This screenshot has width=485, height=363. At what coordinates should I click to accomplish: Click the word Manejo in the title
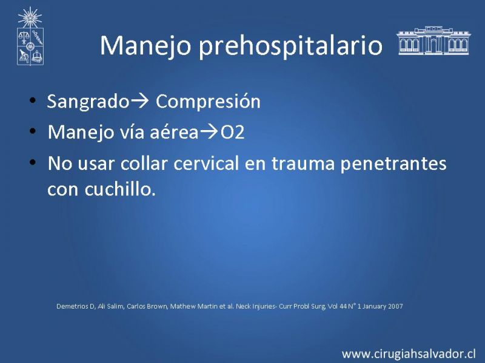145,46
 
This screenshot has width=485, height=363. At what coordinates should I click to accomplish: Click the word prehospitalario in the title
290,46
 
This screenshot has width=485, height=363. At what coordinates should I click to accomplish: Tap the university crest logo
30,36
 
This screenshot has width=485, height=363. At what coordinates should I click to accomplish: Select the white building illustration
433,41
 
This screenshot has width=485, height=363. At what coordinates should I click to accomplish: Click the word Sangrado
88,102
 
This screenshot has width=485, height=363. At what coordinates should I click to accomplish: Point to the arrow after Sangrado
139,101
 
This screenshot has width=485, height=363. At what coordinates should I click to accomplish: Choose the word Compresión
208,102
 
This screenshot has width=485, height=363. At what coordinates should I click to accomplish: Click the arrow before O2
209,132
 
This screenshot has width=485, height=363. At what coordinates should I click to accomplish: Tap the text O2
232,132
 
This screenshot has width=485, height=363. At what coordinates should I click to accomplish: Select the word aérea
174,132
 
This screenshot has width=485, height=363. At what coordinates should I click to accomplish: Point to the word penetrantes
393,163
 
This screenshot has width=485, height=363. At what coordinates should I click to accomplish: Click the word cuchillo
120,188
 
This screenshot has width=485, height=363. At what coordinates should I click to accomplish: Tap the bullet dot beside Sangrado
33,100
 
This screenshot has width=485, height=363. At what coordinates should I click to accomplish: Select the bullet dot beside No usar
33,162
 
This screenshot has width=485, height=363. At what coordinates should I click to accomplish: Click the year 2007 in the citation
395,306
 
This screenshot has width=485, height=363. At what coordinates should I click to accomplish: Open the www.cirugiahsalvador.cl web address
409,353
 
